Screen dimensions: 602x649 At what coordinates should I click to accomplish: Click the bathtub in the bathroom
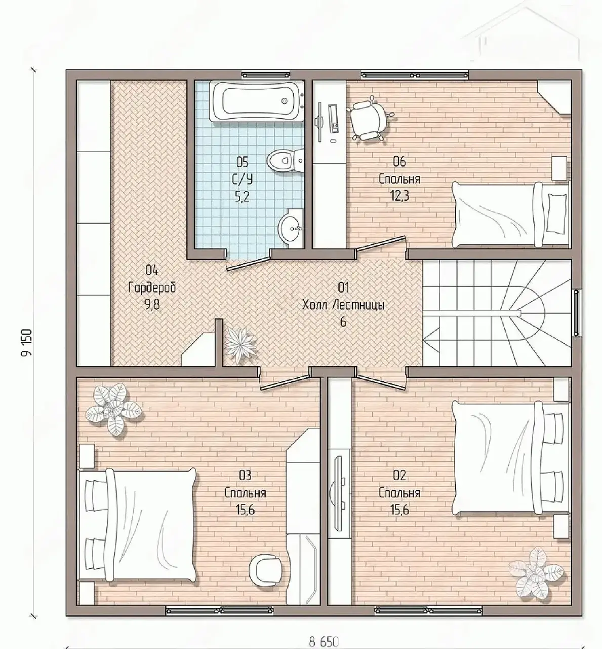point(257,101)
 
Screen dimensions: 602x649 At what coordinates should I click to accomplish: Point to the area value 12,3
point(399,196)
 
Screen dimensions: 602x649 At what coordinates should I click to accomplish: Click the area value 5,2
point(242,196)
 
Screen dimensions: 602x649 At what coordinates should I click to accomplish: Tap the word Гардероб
point(152,288)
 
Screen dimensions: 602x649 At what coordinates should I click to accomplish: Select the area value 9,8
point(152,306)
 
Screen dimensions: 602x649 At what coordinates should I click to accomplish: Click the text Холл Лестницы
point(343,306)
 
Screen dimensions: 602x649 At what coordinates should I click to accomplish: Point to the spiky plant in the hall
point(240,344)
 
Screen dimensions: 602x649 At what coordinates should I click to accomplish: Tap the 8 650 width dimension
point(324,642)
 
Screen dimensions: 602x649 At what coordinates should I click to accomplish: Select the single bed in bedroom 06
point(511,214)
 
